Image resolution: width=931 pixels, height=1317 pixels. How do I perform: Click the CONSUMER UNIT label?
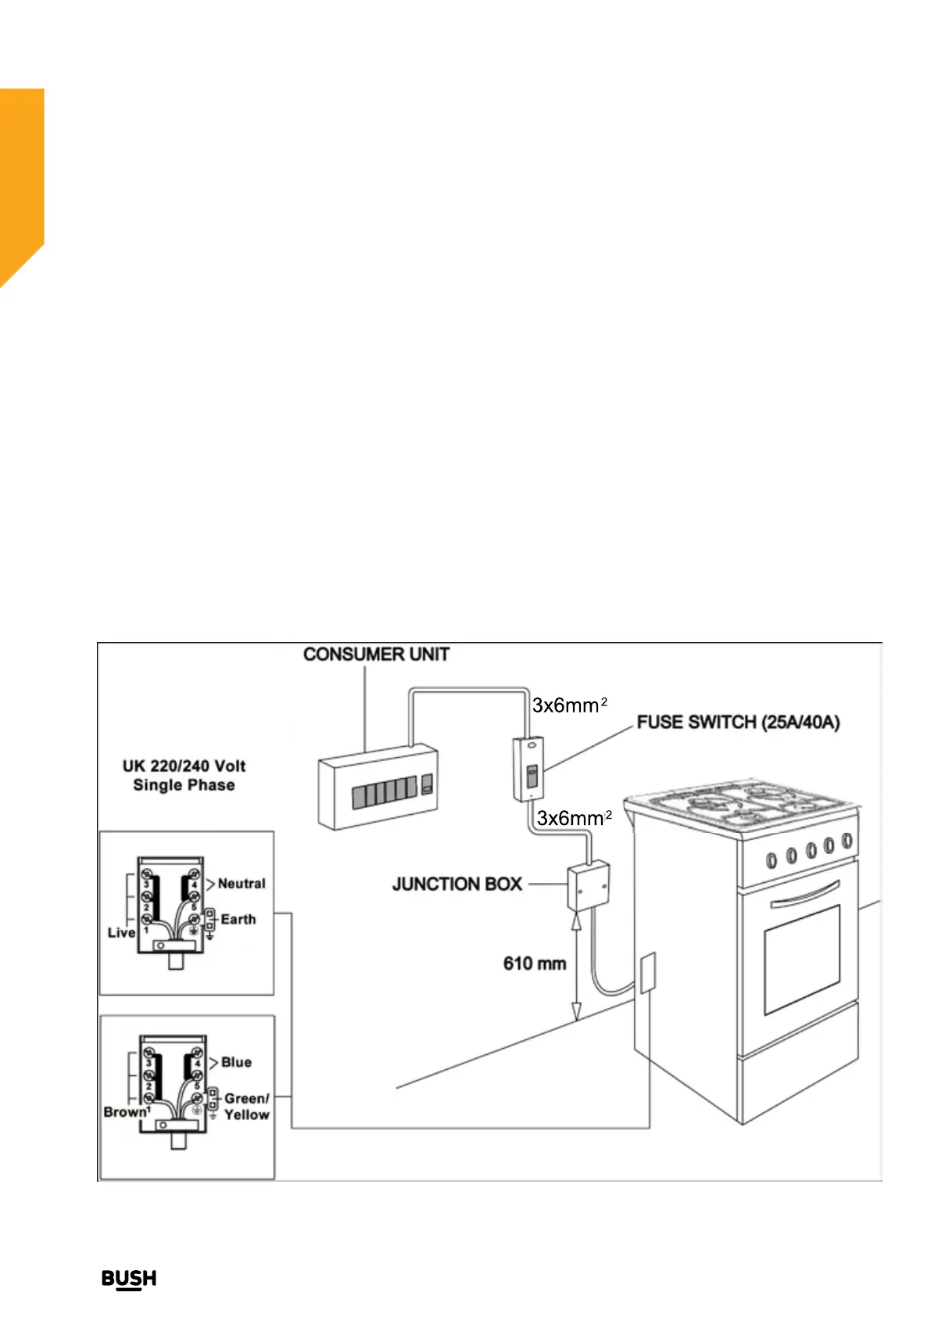(376, 654)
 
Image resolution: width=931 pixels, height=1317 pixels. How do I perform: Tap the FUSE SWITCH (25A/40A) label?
(738, 722)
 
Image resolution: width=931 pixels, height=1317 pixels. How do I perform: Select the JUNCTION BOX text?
(457, 884)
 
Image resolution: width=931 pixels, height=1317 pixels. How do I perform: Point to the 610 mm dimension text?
(535, 964)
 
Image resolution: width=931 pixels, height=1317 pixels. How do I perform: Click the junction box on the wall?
(588, 885)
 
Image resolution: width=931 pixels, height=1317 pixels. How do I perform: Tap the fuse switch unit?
(528, 770)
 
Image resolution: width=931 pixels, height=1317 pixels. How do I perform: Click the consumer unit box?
(378, 786)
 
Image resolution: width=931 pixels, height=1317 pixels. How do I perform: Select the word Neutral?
(242, 883)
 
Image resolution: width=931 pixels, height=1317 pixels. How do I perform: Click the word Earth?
(238, 919)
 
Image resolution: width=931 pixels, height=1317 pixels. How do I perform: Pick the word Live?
(121, 932)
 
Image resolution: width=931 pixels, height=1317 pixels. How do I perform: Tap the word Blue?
(236, 1062)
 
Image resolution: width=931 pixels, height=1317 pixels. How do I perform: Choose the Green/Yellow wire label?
(246, 1106)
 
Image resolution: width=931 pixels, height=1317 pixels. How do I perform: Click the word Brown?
(125, 1111)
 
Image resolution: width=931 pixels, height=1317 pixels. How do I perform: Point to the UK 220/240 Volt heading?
(184, 766)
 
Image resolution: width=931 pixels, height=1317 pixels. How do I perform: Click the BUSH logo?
(129, 1279)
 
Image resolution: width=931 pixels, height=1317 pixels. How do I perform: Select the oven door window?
(802, 958)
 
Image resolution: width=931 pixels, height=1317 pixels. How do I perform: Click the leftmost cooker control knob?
(772, 859)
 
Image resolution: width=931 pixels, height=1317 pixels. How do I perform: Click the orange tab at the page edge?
(21, 180)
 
